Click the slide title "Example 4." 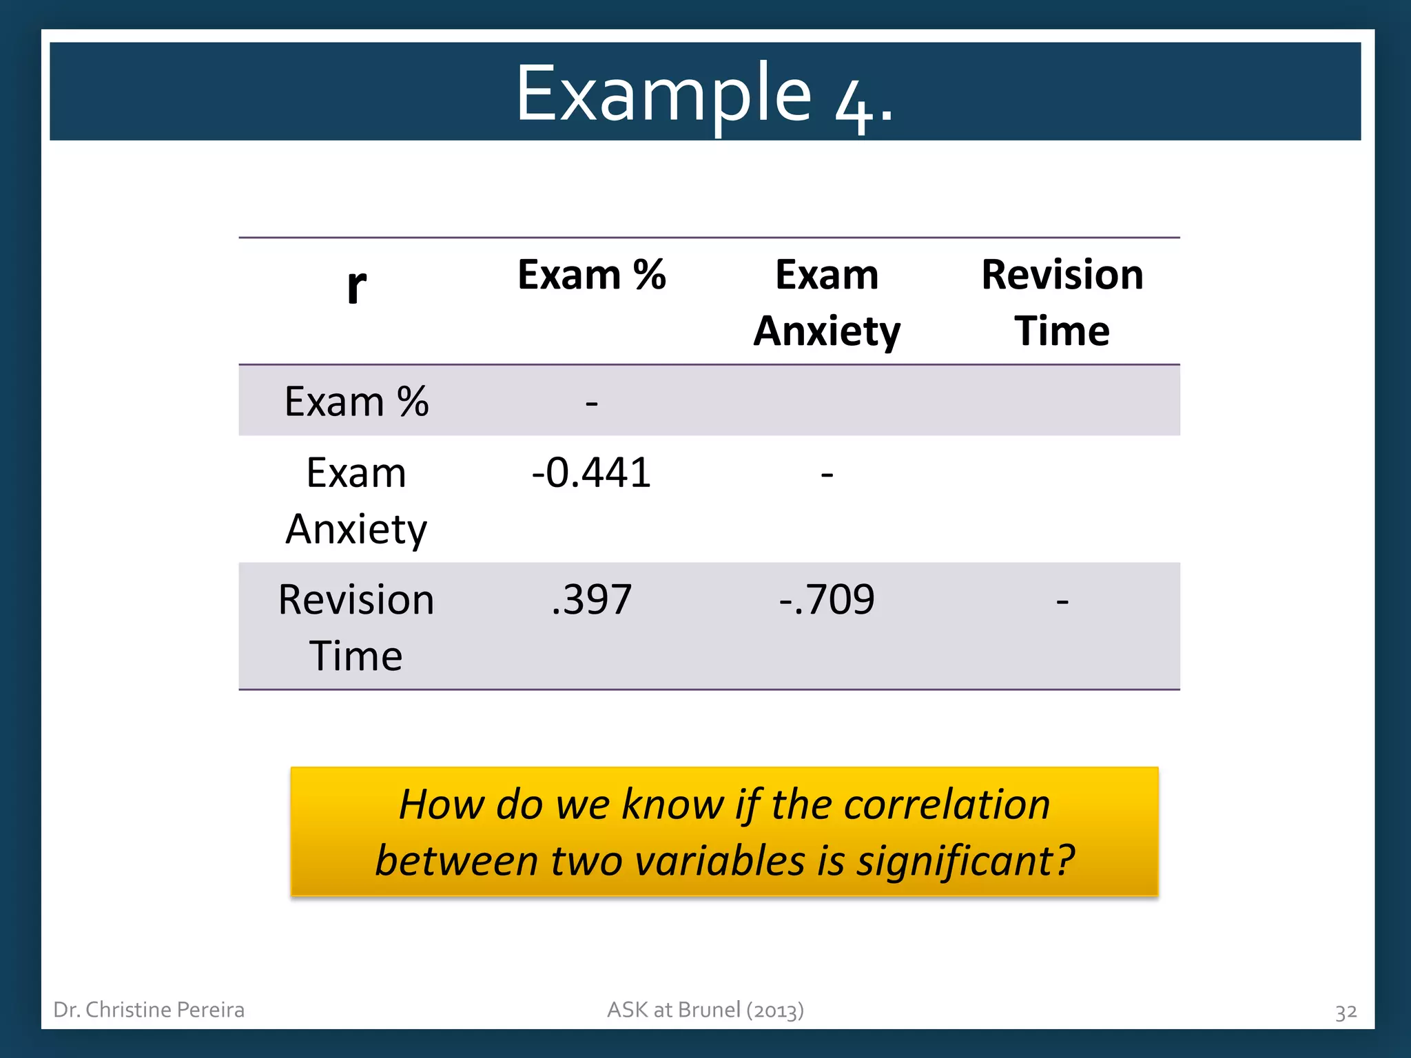704,94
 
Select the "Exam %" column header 591,275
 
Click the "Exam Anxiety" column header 827,302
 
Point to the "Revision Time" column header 1062,302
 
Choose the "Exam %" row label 356,402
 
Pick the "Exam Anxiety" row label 356,500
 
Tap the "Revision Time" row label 356,627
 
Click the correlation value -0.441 591,473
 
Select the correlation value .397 591,599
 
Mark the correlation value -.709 827,599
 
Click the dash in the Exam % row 591,403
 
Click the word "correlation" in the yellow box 947,805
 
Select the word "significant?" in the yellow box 965,861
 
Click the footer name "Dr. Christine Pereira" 149,1010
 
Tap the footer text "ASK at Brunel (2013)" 705,1010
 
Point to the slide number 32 1346,1012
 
